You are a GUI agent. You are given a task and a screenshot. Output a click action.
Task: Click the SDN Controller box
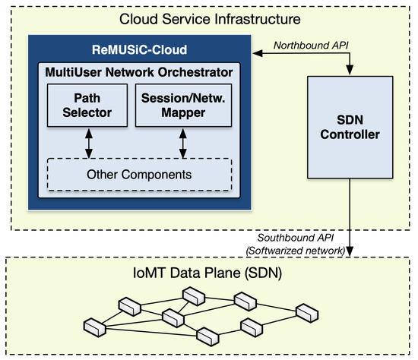coord(349,129)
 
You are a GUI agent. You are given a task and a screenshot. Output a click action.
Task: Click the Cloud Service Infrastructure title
coord(210,16)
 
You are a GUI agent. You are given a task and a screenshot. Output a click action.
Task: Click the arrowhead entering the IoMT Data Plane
coord(349,252)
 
